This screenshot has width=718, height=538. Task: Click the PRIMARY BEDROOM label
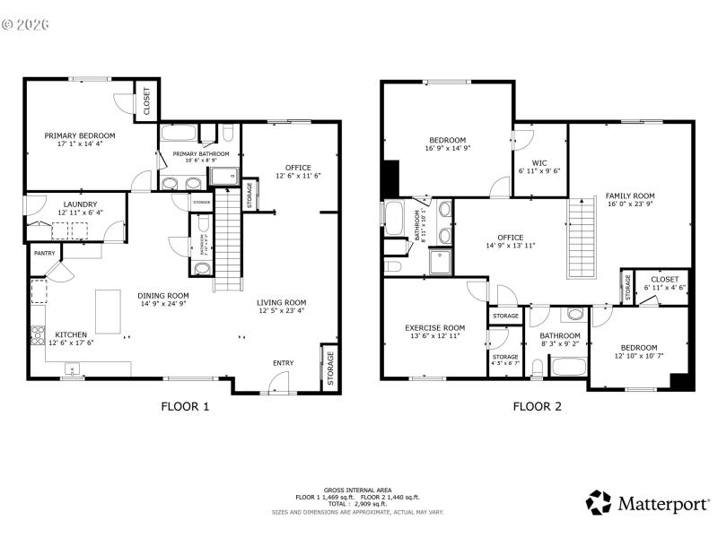(80, 135)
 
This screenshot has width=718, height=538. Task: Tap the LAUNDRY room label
(80, 204)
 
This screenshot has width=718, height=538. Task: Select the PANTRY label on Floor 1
(44, 254)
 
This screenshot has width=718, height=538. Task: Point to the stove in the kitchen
(38, 336)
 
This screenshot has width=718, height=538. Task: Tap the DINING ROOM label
(162, 295)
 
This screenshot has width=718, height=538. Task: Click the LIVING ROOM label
(281, 302)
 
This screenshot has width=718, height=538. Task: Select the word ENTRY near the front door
(283, 363)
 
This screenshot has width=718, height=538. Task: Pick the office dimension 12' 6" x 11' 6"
(298, 176)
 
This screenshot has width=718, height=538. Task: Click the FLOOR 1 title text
(185, 406)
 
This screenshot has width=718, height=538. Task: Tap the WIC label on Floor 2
(539, 161)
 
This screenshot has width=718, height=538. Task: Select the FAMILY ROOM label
(629, 195)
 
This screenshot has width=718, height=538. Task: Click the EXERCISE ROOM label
(434, 328)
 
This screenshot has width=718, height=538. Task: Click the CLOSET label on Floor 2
(665, 279)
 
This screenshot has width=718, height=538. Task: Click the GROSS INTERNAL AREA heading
(358, 490)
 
